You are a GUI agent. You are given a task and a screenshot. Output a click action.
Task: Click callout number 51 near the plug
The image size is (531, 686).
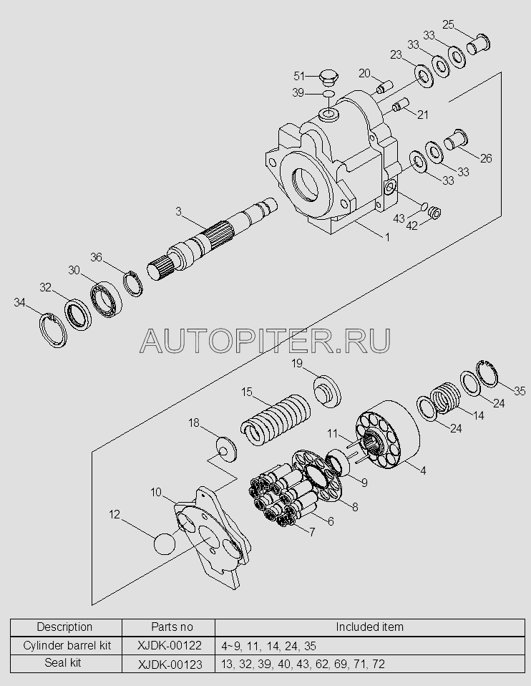tap(298, 76)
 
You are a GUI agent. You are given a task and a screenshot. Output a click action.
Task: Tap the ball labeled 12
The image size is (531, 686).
tap(165, 544)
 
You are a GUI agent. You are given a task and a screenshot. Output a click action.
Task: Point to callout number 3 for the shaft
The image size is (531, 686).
tap(178, 211)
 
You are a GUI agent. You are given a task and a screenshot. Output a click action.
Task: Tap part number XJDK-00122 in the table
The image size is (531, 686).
tap(170, 645)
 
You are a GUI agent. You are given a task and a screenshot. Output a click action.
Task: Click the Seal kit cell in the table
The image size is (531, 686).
tap(63, 663)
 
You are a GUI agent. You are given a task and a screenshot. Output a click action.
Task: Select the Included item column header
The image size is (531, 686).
tap(369, 627)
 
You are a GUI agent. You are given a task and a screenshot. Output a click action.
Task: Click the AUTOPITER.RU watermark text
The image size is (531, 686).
tap(265, 340)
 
